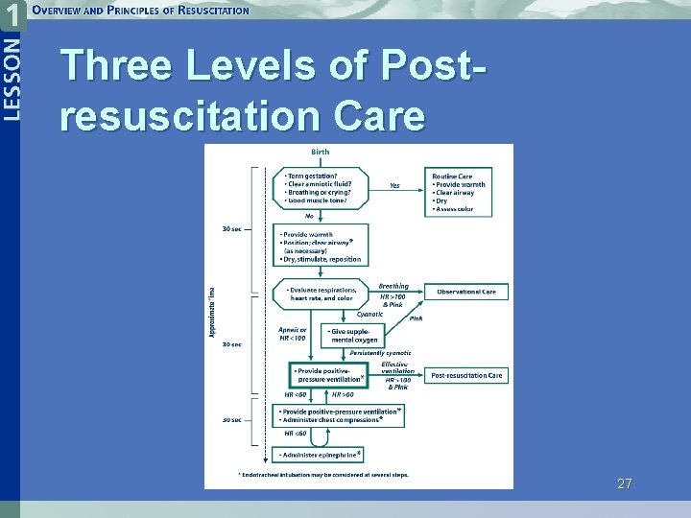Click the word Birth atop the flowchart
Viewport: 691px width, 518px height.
(x=320, y=152)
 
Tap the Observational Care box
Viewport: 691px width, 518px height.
(x=466, y=292)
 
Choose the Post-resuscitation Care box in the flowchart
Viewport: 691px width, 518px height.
(x=466, y=375)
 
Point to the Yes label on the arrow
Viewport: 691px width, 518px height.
(x=395, y=185)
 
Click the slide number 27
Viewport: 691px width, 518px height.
(x=625, y=484)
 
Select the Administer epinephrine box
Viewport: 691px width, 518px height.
(x=321, y=454)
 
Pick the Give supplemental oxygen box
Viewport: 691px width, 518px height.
(x=353, y=335)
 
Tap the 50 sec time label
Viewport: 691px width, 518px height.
(x=230, y=420)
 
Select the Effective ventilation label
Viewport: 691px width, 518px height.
(x=395, y=367)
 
